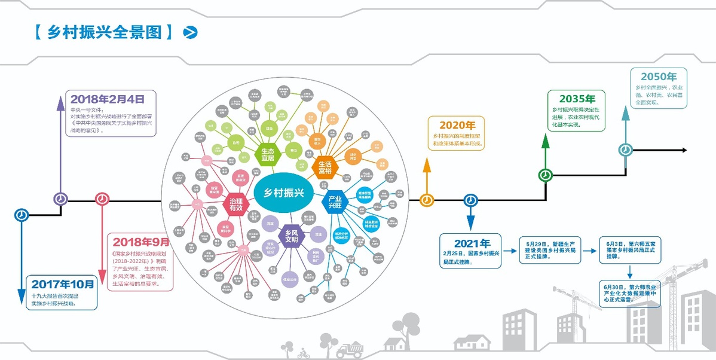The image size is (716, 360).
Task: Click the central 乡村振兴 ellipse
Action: [x=284, y=192]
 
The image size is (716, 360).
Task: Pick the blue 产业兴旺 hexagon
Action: [x=335, y=203]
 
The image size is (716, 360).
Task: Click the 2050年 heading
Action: [x=658, y=77]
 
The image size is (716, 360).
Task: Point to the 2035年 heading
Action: [x=577, y=99]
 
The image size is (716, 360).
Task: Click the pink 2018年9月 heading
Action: [x=140, y=242]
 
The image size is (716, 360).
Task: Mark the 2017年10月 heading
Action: [x=62, y=284]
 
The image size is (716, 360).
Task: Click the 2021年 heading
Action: [x=472, y=243]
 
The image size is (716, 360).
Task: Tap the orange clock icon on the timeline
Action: [x=427, y=200]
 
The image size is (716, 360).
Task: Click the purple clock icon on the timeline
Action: [x=60, y=199]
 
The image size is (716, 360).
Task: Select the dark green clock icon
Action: [x=545, y=175]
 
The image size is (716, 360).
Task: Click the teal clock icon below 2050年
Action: [x=625, y=150]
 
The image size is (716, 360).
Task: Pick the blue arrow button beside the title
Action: [x=191, y=32]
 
